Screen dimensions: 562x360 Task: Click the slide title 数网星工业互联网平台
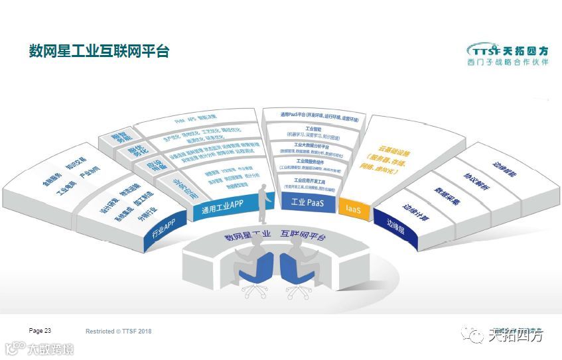coord(99,51)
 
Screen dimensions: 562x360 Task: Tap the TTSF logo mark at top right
coord(482,50)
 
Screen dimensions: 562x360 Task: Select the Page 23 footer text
coord(40,330)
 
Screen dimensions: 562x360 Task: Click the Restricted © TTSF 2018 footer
coord(119,331)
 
